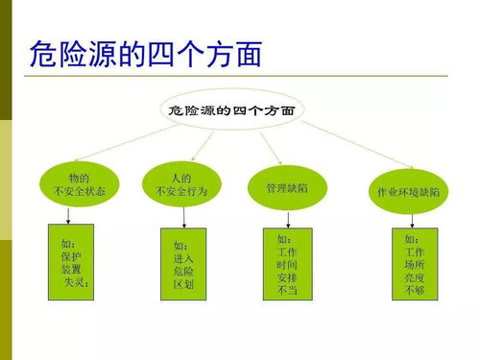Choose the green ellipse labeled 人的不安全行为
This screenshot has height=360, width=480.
[x=181, y=184]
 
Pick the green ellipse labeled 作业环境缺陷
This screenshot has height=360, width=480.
[x=408, y=191]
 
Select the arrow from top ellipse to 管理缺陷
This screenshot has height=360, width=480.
[x=269, y=148]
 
